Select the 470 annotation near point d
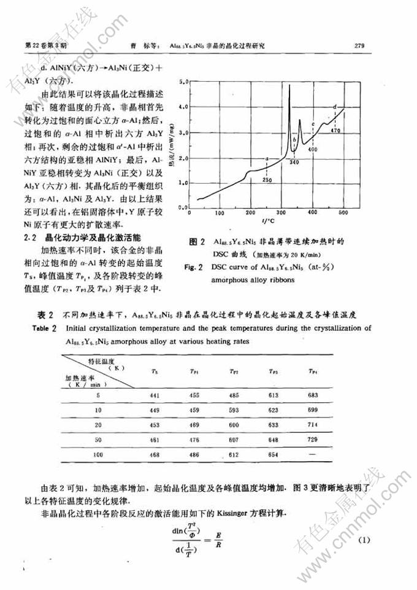335,131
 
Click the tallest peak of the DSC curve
289,88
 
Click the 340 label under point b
294,161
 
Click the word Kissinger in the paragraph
232,513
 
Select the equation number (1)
365,540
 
